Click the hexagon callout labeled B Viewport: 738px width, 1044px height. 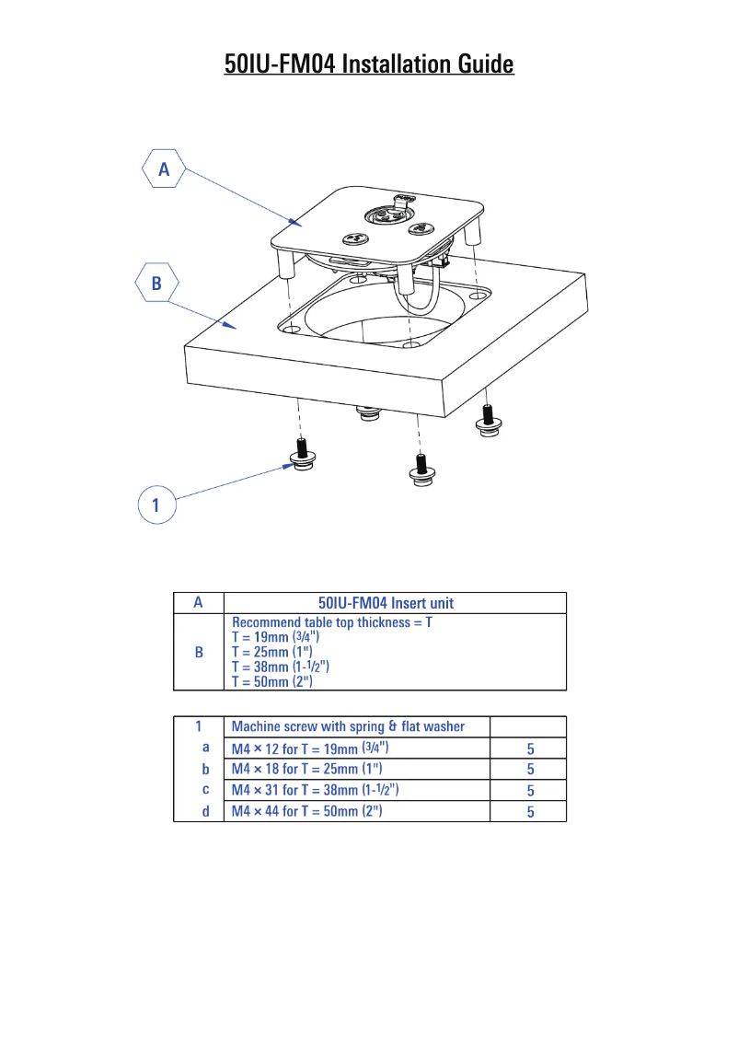click(x=156, y=284)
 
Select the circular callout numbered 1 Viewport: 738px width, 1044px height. click(x=156, y=505)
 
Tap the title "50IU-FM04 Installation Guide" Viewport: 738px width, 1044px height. click(x=369, y=64)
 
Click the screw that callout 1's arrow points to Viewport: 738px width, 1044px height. click(x=301, y=454)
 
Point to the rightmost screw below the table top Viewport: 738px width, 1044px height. click(x=488, y=418)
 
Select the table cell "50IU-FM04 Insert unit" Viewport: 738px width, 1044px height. click(x=386, y=604)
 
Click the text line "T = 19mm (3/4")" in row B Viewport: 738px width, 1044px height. click(x=276, y=637)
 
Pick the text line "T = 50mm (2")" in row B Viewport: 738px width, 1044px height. click(x=272, y=682)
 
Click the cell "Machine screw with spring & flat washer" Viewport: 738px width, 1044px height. click(x=348, y=726)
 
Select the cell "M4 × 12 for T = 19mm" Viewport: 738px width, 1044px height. click(x=316, y=748)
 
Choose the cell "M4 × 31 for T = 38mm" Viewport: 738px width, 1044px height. click(x=315, y=790)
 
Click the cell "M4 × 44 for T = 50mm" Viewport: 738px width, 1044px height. click(x=306, y=811)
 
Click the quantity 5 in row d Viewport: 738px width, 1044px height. click(x=530, y=812)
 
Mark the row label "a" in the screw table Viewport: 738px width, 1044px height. click(x=205, y=748)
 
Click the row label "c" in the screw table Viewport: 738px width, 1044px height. click(x=205, y=790)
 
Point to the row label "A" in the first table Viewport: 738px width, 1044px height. click(x=198, y=603)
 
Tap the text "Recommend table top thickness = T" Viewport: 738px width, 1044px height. click(x=332, y=622)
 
